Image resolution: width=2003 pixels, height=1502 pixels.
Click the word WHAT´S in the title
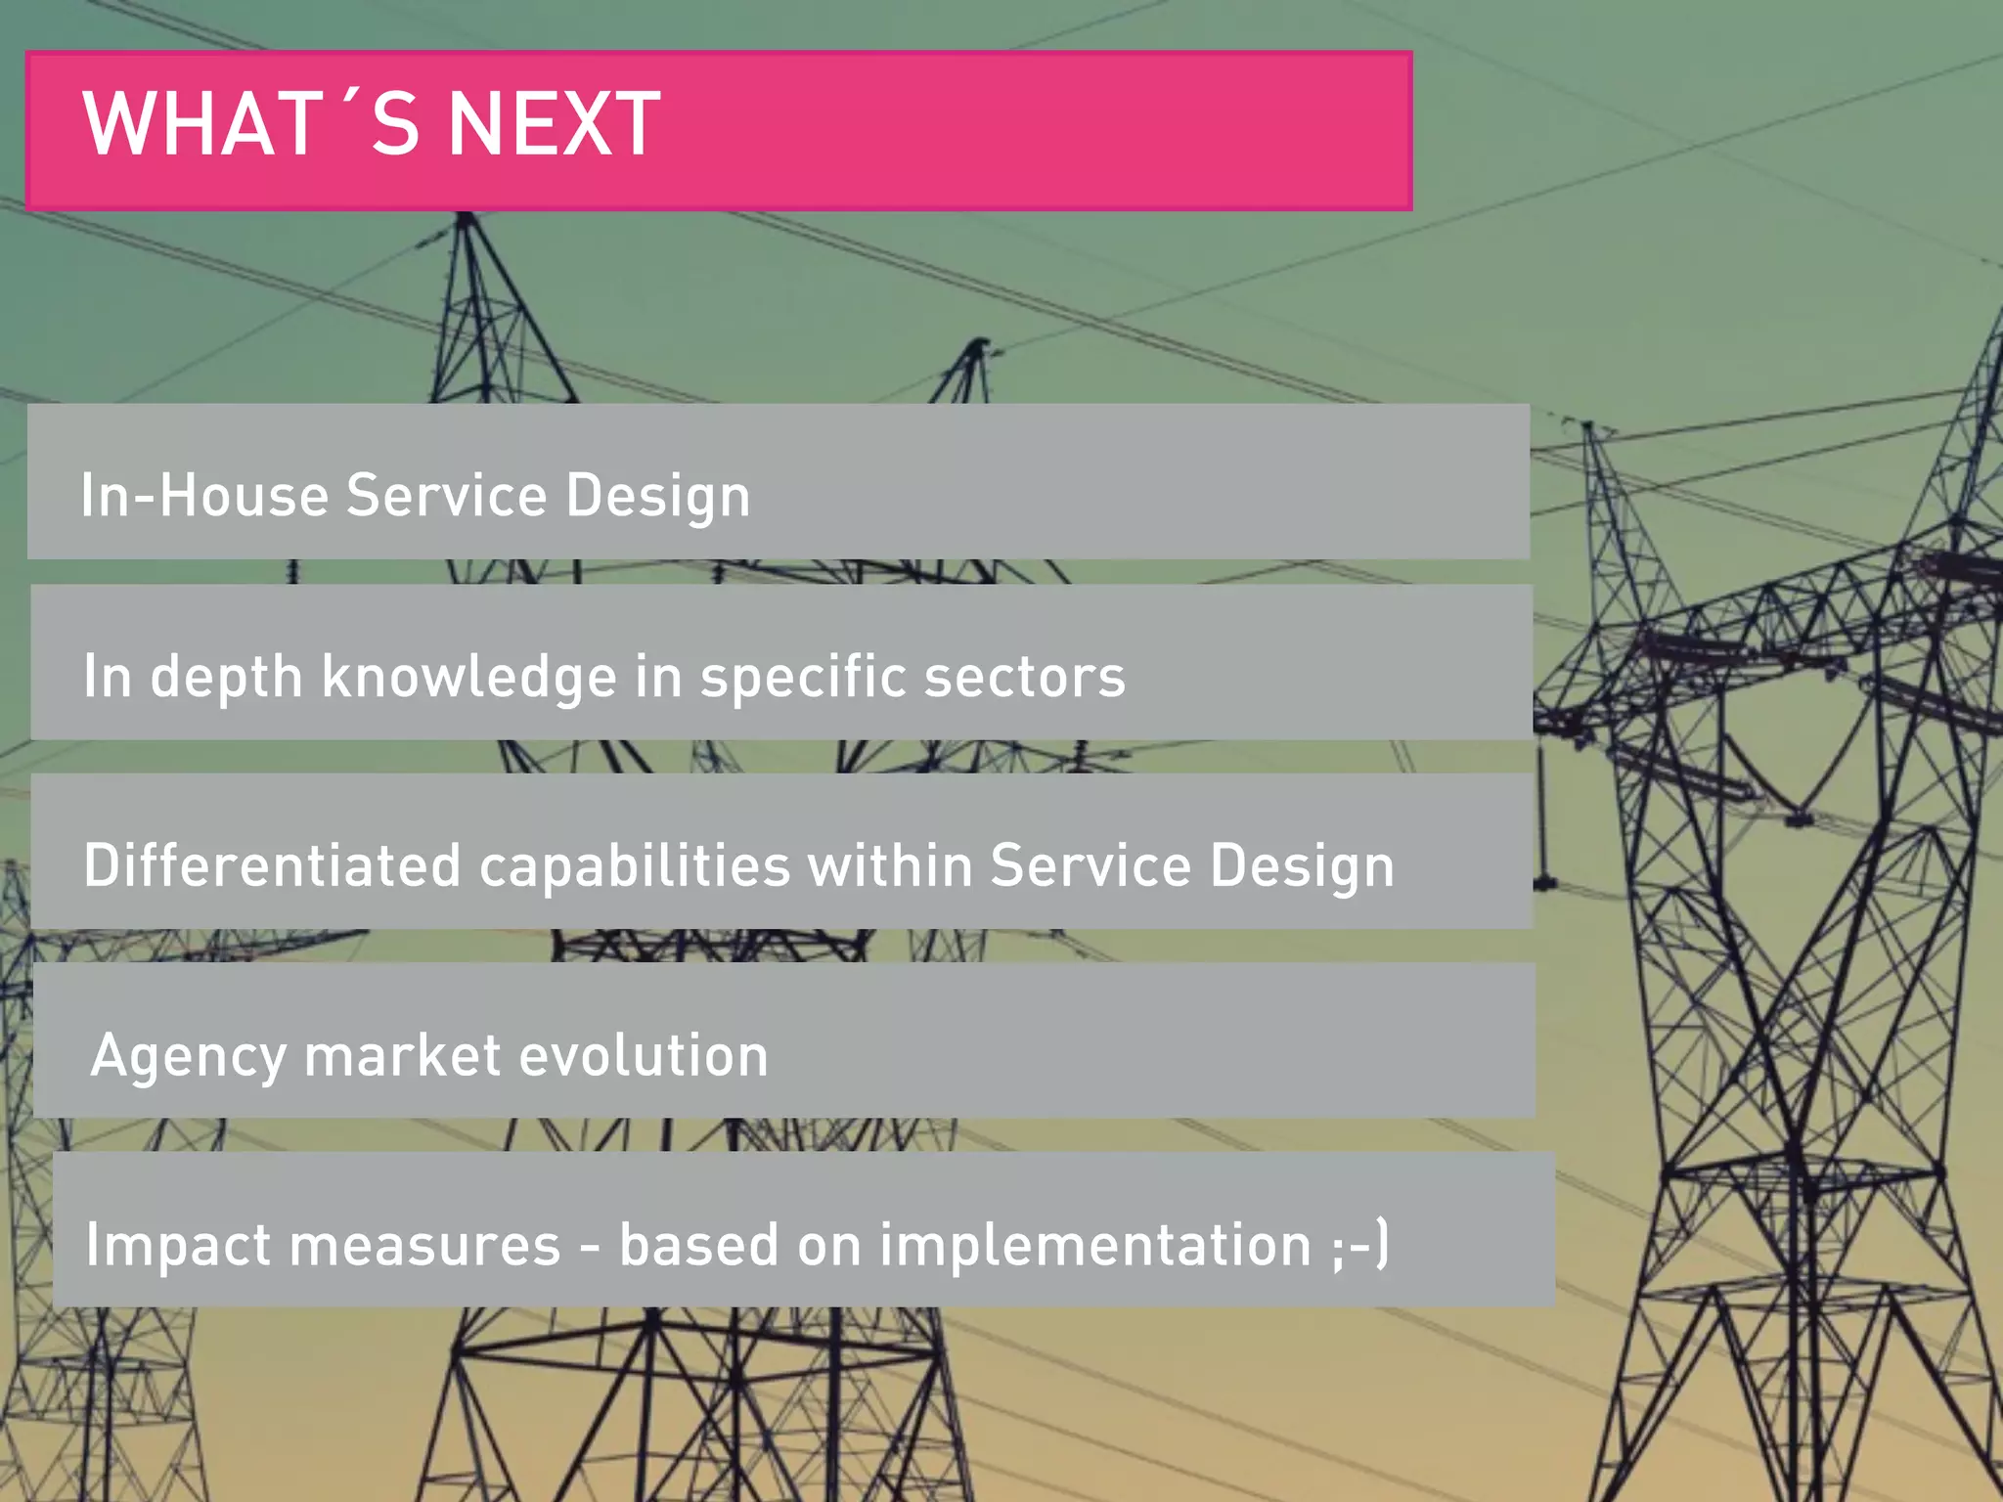[x=251, y=124]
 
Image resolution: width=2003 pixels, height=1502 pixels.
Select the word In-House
[x=204, y=495]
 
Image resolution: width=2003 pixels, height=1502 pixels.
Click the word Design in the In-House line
[x=657, y=497]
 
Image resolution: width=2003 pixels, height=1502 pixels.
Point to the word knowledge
[x=469, y=677]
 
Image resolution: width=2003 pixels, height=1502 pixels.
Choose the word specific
[x=803, y=677]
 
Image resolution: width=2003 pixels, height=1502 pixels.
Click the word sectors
[x=1025, y=677]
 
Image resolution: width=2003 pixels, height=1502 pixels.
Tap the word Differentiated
[x=272, y=865]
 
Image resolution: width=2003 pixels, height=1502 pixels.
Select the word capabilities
[x=635, y=867]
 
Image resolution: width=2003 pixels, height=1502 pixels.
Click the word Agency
[x=188, y=1057]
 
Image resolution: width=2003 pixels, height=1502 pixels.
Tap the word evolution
[x=644, y=1055]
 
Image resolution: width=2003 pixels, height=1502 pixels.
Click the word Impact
[x=177, y=1246]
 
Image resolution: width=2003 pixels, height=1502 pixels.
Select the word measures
[x=424, y=1246]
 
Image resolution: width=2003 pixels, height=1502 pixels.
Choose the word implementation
[x=1095, y=1246]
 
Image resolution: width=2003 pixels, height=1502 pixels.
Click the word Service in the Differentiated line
[x=1091, y=865]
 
